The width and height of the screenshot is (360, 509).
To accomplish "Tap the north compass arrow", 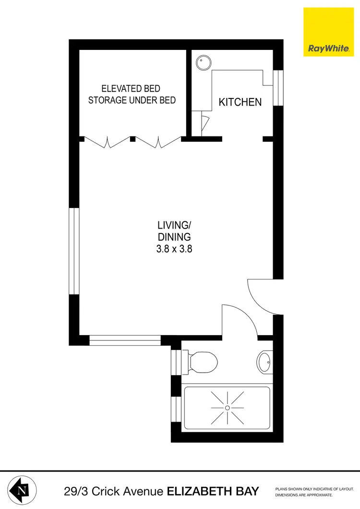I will click(x=22, y=491).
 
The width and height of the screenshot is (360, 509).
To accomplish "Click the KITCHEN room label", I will click(x=240, y=102).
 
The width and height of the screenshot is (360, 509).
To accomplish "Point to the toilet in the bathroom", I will click(x=202, y=359).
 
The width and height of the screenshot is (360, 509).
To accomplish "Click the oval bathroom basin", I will click(x=264, y=361).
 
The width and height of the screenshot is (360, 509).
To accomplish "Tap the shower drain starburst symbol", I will click(x=228, y=408).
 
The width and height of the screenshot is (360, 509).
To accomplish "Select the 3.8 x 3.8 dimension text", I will click(x=174, y=249).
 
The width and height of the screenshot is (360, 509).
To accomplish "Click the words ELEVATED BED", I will click(x=131, y=89).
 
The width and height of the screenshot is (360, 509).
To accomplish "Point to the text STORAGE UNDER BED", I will click(x=132, y=100).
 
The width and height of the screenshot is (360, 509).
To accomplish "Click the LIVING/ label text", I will click(x=174, y=225).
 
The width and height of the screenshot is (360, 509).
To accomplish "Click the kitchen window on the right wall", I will click(x=278, y=88).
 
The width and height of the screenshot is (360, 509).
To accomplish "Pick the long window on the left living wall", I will click(x=74, y=251).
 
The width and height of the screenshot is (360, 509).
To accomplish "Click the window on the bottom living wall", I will click(x=125, y=341).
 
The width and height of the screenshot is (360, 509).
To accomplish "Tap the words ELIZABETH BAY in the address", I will click(x=213, y=491).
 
